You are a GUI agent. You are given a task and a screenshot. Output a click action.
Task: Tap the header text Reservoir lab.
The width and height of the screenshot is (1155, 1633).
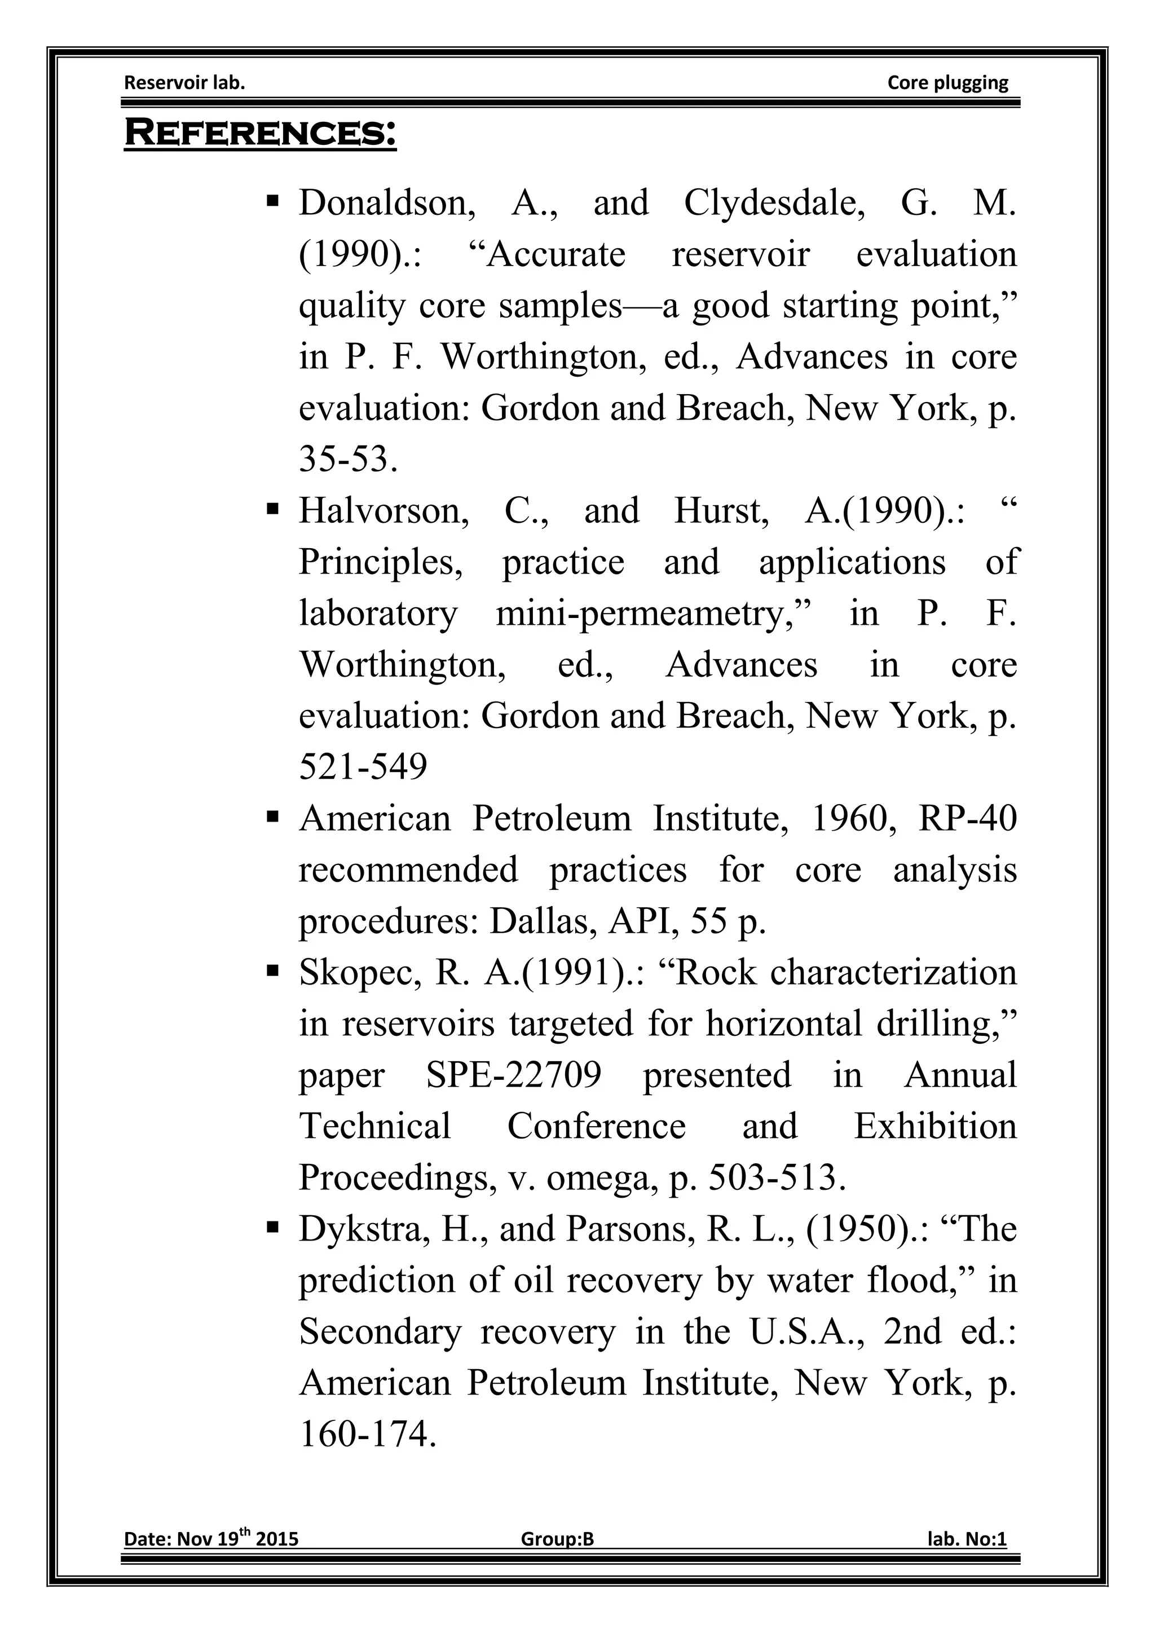point(184,83)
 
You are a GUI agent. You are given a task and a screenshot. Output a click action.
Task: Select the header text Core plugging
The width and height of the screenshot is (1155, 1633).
point(947,83)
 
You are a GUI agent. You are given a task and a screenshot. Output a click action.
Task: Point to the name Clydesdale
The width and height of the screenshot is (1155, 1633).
point(774,204)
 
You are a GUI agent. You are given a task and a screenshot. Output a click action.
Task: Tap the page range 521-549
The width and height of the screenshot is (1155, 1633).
point(363,767)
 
